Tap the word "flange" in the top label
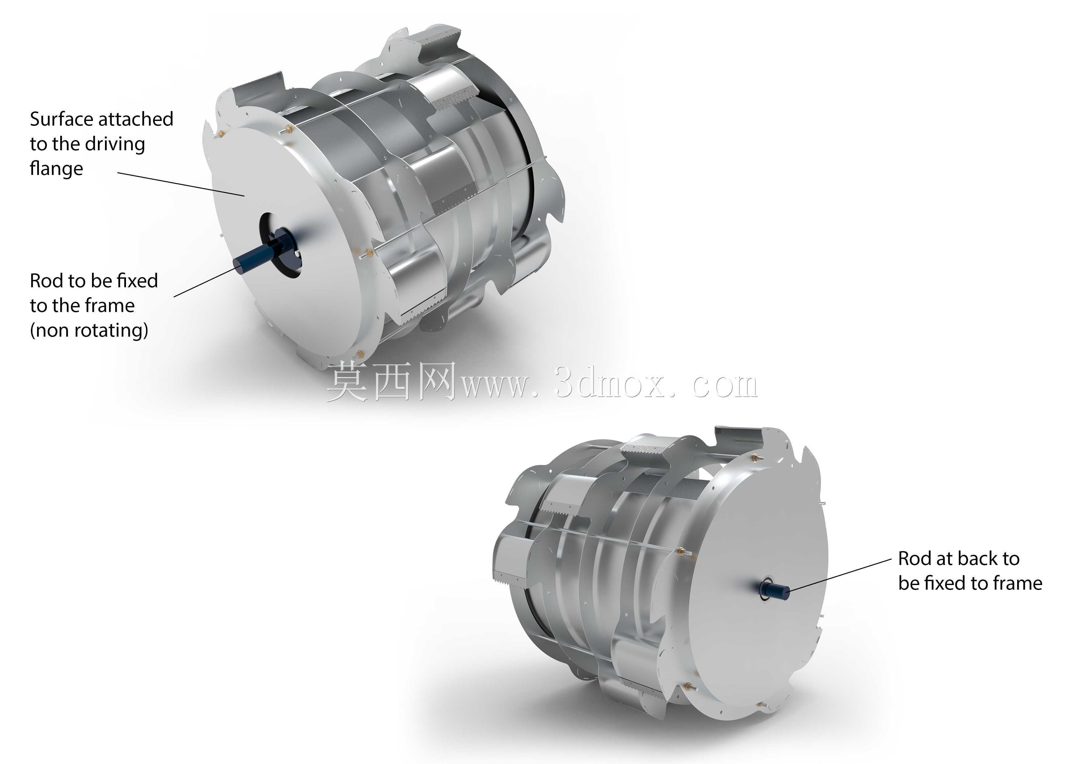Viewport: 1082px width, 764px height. (57, 168)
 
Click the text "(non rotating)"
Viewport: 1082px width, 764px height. (89, 330)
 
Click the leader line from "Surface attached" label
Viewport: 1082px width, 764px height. (181, 184)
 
